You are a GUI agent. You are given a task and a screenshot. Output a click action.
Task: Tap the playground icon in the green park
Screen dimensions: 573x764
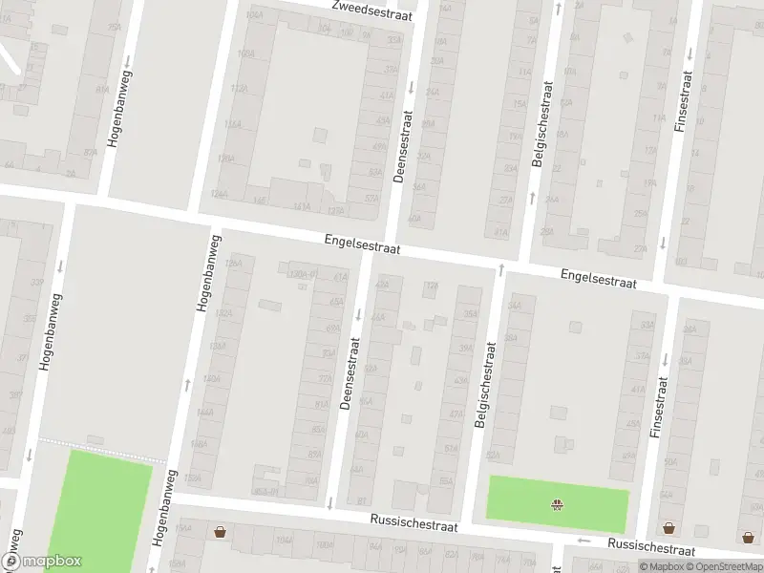point(557,504)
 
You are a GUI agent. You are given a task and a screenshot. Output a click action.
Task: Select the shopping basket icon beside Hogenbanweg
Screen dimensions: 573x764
point(221,532)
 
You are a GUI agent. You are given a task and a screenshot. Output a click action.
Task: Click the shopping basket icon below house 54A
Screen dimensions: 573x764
point(668,527)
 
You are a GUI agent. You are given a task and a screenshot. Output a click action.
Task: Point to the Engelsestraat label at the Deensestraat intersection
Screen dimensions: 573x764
point(362,244)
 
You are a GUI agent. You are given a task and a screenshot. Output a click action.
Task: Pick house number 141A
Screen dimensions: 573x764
point(302,206)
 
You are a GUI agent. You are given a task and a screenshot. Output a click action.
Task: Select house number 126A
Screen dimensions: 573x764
point(232,263)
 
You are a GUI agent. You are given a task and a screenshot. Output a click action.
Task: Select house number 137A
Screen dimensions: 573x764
point(335,210)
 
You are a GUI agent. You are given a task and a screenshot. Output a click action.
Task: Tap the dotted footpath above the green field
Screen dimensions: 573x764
point(95,440)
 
